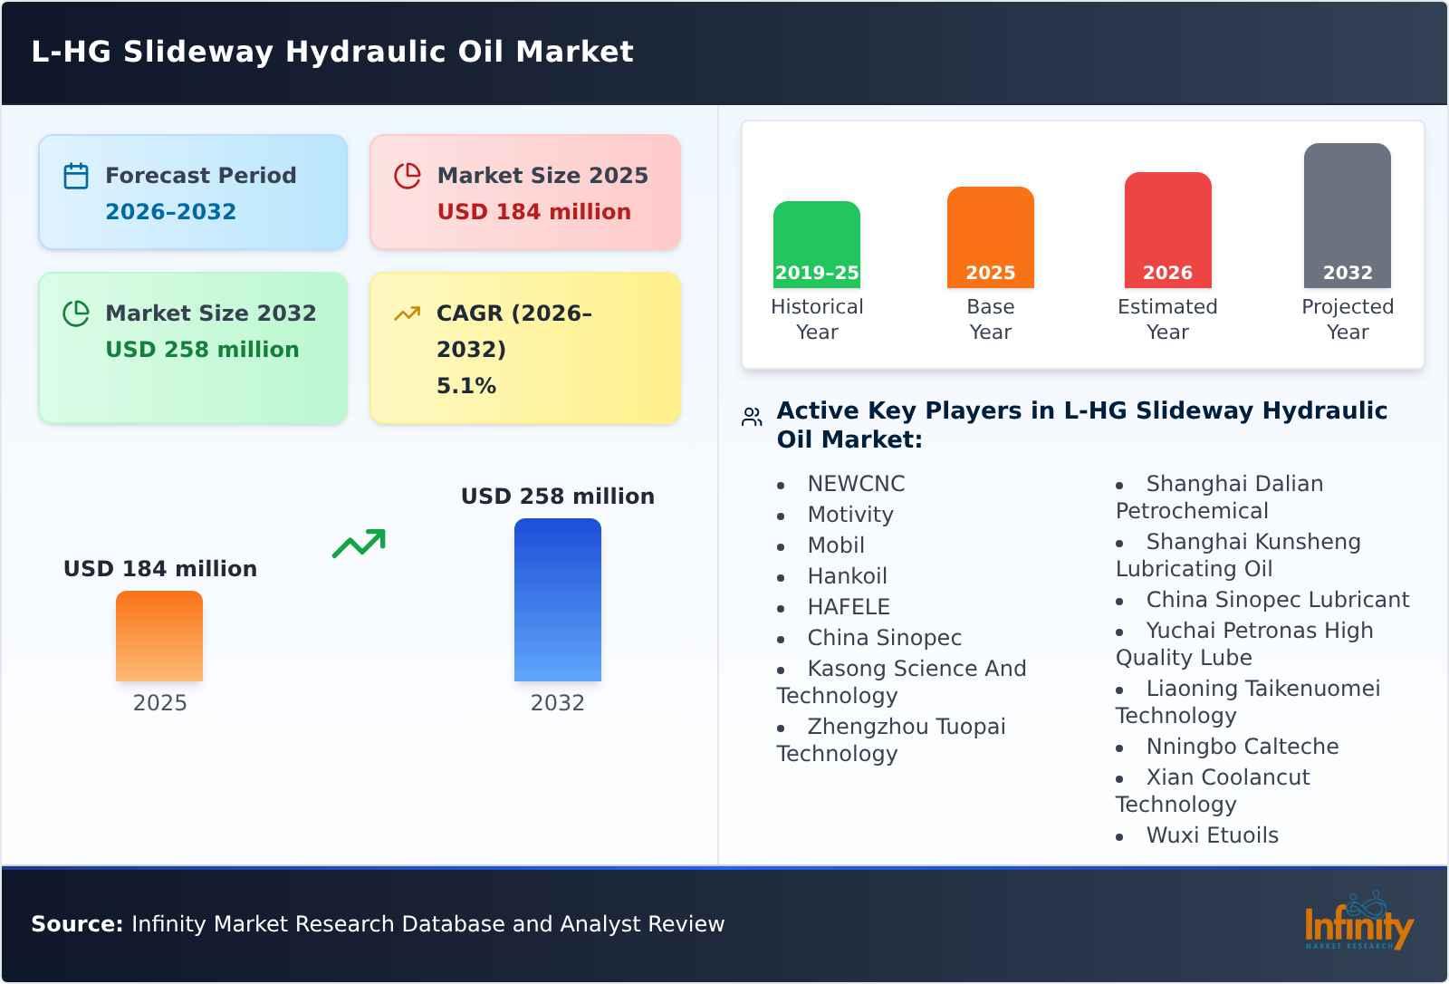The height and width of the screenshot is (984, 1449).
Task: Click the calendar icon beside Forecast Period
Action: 76,176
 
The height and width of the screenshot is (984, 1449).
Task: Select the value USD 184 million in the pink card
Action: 533,212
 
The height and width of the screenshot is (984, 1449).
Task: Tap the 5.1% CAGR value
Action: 465,386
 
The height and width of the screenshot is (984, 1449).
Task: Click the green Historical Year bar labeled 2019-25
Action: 816,245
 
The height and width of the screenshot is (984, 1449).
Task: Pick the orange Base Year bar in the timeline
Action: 990,237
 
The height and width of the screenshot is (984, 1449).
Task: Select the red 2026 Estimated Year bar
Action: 1167,230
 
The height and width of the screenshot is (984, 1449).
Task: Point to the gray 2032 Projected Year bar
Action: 1347,216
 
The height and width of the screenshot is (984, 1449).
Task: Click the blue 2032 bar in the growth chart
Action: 557,600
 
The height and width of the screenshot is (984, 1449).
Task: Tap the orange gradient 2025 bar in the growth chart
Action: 159,636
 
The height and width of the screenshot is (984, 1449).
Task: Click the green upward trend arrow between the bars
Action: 359,544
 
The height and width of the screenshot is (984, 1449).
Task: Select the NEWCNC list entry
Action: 856,484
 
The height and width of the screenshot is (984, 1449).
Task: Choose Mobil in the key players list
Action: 836,545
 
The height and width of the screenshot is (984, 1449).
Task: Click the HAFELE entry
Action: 849,607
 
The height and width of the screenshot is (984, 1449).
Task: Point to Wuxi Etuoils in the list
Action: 1212,835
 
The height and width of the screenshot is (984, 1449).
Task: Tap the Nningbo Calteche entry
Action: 1242,747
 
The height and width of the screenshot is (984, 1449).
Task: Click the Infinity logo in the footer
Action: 1358,923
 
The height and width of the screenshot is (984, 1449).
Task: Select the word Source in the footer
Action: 76,924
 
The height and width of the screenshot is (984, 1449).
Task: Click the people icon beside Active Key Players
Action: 752,417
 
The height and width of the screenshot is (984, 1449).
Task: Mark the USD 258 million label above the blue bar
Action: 557,497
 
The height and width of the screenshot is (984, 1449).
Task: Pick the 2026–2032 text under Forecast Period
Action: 170,212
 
